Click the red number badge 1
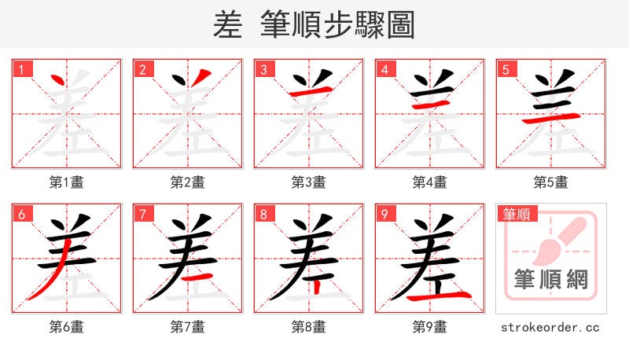[20, 70]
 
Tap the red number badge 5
[505, 70]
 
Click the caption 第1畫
[66, 182]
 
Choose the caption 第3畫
[308, 182]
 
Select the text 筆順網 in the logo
[550, 279]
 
